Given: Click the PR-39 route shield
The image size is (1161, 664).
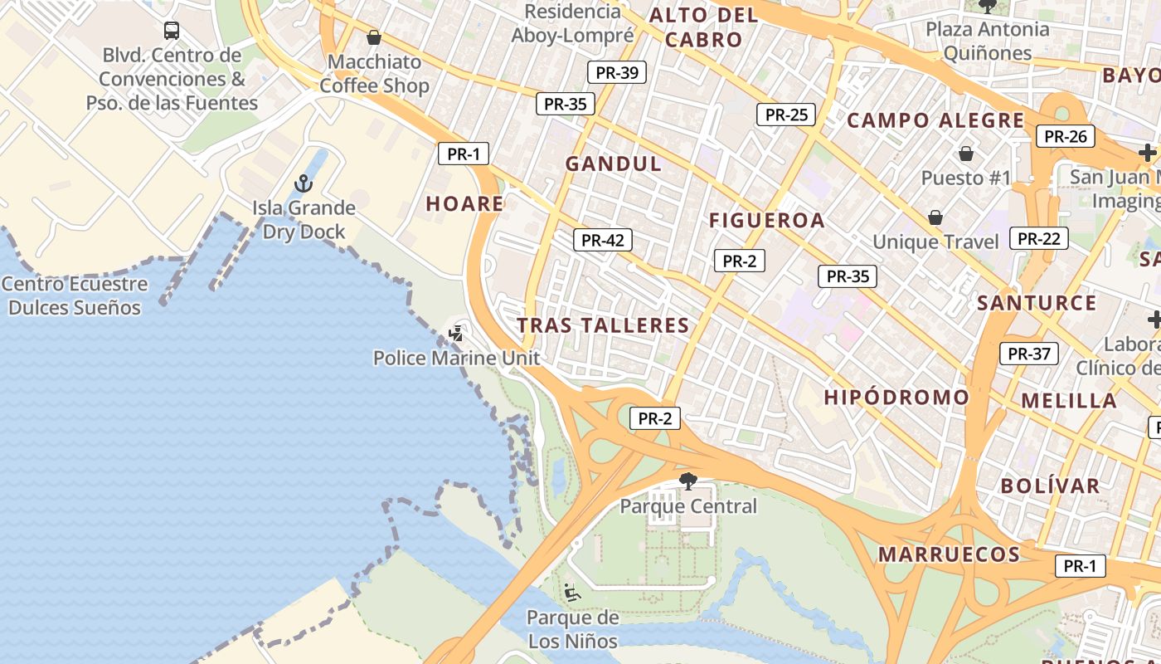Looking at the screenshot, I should (616, 72).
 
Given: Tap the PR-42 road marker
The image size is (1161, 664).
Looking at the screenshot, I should (603, 241).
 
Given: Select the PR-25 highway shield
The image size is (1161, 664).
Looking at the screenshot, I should (785, 115).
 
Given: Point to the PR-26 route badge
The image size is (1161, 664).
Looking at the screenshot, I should (1065, 136).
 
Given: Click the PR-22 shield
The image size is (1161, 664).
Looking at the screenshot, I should (1038, 239).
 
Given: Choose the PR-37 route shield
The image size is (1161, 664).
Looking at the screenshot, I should (1028, 354).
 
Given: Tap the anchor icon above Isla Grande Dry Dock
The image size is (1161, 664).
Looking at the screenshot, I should (304, 183).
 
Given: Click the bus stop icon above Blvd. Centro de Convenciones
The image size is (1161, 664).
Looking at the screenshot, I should (172, 31).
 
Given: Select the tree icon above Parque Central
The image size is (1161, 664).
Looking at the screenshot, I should (687, 481).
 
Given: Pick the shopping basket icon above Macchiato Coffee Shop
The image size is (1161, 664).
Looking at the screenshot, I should (374, 37).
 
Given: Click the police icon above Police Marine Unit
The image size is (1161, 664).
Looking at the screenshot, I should (455, 334).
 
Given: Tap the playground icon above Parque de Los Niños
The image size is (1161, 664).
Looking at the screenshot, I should (571, 593).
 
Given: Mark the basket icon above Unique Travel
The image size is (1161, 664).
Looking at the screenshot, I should (935, 217).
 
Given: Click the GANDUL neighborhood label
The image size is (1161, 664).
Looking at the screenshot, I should (614, 164).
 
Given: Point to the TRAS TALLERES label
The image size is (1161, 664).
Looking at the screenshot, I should (604, 325).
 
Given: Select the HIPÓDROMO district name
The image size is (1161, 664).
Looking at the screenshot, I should (896, 398).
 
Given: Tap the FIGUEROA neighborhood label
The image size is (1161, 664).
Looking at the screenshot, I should (767, 220).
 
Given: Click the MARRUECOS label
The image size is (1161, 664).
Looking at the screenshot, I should (949, 554).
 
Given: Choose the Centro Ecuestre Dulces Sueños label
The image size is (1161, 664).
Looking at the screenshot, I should (75, 295).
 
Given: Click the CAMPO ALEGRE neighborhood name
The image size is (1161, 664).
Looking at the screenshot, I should (935, 120).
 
